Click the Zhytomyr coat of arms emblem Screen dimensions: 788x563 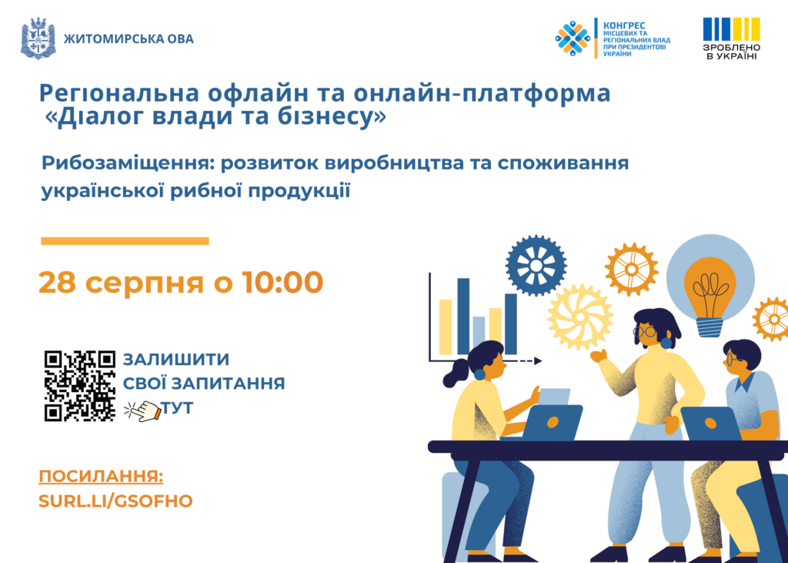click(x=38, y=39)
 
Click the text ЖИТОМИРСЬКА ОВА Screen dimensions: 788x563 click(x=129, y=39)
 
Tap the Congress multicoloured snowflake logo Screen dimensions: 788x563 click(x=573, y=39)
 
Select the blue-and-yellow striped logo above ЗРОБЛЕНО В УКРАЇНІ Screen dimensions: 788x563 click(x=731, y=29)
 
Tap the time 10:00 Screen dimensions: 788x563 click(x=282, y=282)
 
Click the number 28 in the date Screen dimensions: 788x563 click(x=57, y=282)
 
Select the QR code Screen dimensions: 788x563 click(x=80, y=386)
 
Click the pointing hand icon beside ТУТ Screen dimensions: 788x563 click(x=142, y=411)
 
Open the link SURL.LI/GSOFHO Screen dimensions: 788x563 click(x=115, y=501)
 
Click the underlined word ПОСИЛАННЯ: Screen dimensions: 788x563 click(x=101, y=477)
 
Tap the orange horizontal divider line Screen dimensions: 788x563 click(x=125, y=241)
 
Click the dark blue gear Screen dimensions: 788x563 click(x=536, y=265)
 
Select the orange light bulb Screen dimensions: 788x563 click(x=710, y=296)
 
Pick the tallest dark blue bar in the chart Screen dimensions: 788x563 click(x=463, y=317)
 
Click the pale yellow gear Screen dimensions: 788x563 click(x=580, y=317)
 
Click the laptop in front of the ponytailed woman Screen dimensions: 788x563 click(x=551, y=421)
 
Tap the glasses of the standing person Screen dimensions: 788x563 click(x=644, y=331)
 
